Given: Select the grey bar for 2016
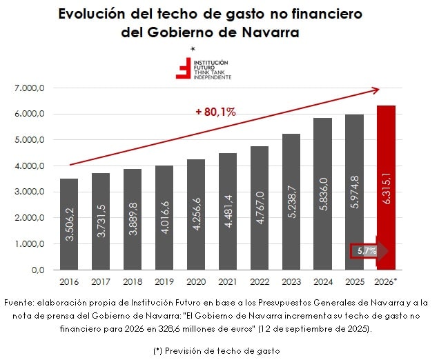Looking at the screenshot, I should pos(69,224).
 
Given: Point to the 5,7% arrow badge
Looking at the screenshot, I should pos(368,251).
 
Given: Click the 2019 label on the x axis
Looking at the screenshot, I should pos(164,281).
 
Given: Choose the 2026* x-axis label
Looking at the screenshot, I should pos(386,281).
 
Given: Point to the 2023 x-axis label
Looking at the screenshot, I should pos(291,281).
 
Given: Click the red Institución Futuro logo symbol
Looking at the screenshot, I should pos(184,68).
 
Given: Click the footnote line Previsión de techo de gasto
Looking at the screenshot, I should pos(219,350).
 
